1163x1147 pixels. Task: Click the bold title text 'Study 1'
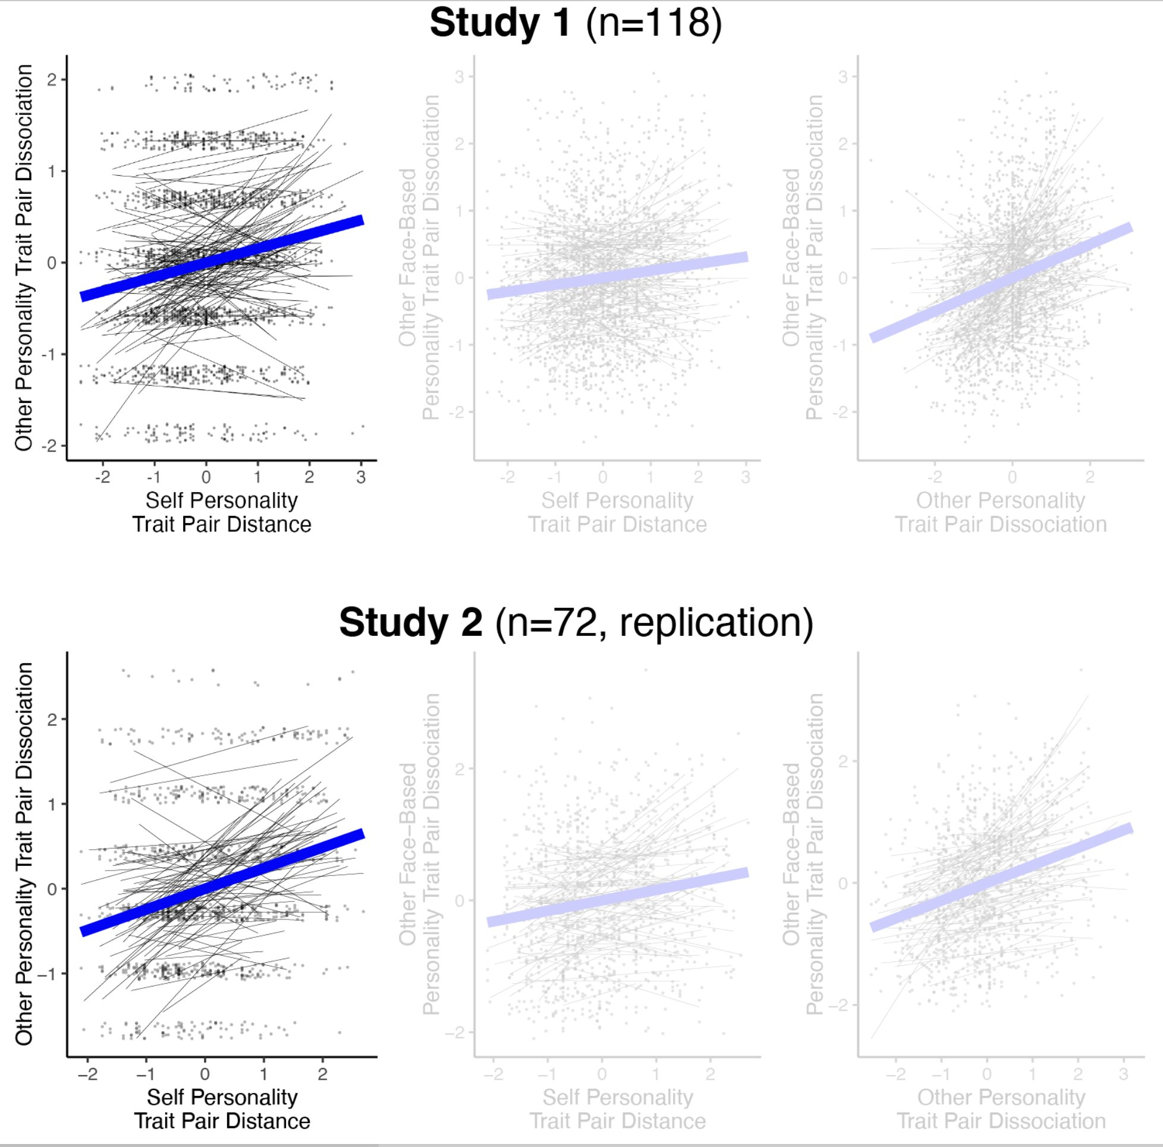click(499, 24)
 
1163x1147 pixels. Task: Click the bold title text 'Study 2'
click(410, 622)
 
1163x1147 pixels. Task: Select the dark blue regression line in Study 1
click(222, 257)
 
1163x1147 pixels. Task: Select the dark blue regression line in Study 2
click(222, 882)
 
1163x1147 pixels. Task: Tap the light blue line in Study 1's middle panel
click(617, 276)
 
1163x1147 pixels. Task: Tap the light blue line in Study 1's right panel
click(1001, 283)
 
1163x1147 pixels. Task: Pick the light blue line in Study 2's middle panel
click(617, 897)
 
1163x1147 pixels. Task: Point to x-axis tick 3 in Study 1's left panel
click(360, 477)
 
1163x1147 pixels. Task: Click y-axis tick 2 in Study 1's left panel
click(52, 80)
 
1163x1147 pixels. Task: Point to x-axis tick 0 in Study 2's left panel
click(205, 1074)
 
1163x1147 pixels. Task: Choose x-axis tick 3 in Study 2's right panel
click(1123, 1074)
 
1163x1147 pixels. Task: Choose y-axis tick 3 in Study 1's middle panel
click(460, 77)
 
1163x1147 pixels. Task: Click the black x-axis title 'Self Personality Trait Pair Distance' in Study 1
click(222, 512)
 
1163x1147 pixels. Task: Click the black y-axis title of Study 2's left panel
click(24, 855)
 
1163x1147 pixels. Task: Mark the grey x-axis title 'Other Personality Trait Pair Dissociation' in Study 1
click(1001, 512)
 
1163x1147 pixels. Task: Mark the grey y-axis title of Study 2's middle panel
click(419, 855)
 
